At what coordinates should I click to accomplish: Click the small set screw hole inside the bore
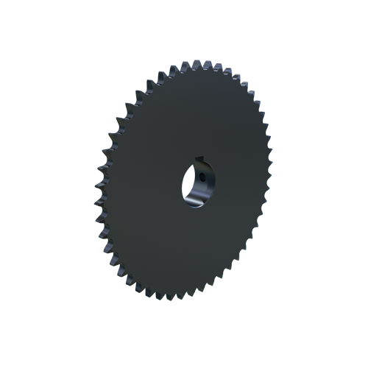point(199,177)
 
